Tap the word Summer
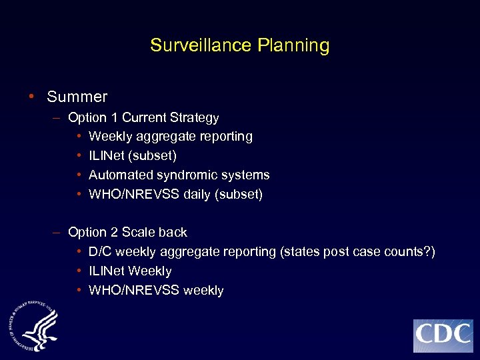coord(77,97)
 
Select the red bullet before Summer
coord(32,97)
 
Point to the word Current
coord(144,118)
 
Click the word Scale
coord(138,233)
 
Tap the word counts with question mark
coord(410,252)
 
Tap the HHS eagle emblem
coord(35,325)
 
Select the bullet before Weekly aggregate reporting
coord(79,136)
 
